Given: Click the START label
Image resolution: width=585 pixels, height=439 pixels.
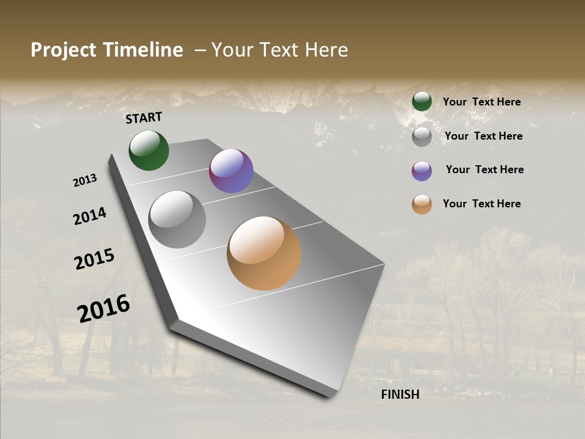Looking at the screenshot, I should click(x=144, y=118).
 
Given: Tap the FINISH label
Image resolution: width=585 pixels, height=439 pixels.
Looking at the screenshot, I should click(x=400, y=394).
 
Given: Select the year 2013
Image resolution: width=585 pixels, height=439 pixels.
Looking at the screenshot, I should click(x=85, y=180).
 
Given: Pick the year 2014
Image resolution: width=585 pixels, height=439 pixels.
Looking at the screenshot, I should click(x=90, y=216).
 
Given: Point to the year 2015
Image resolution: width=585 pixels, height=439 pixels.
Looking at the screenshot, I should click(x=94, y=259).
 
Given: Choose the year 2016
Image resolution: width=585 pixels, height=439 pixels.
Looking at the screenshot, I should click(x=104, y=308).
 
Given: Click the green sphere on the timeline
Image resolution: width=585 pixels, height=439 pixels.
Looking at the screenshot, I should click(x=149, y=151).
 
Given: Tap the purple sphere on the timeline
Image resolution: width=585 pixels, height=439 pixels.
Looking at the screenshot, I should click(x=231, y=171).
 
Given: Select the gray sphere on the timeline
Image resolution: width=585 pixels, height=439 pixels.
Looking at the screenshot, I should click(x=177, y=220).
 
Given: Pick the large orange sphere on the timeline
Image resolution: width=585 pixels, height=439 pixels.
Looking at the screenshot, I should click(x=264, y=253).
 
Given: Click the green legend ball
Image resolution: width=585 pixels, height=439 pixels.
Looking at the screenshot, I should click(x=422, y=102).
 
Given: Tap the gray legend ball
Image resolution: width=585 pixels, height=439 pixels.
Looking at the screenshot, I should click(x=422, y=137).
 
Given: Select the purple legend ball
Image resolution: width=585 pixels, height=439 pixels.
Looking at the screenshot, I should click(x=422, y=171).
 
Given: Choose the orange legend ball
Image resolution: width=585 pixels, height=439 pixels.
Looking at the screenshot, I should click(x=422, y=205).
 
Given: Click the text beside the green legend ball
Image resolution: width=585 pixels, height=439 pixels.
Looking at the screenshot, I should click(x=481, y=102).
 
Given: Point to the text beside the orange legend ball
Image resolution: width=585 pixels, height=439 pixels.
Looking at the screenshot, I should click(x=481, y=204).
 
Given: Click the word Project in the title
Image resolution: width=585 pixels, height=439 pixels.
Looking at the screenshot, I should click(x=63, y=50).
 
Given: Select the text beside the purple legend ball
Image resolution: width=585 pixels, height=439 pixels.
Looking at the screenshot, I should click(x=484, y=170).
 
